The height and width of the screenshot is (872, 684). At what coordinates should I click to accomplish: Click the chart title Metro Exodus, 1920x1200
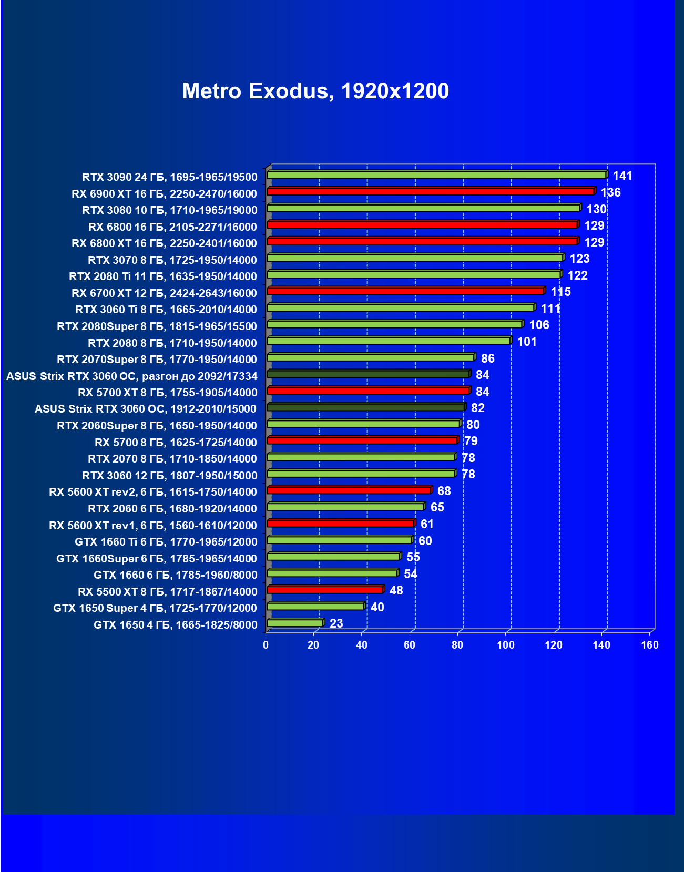[x=315, y=91]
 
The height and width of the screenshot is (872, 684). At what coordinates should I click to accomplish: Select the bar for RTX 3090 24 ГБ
[x=436, y=175]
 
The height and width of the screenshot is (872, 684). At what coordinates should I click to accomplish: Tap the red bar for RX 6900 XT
[x=431, y=191]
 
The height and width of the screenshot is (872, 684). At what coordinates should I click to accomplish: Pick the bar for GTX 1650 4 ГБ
[x=295, y=623]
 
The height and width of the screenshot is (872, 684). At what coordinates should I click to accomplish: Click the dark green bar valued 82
[x=366, y=407]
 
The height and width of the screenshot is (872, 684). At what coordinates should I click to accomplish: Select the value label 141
[x=622, y=176]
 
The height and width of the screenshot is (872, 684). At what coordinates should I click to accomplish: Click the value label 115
[x=560, y=292]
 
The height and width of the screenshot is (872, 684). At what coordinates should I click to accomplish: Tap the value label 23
[x=336, y=623]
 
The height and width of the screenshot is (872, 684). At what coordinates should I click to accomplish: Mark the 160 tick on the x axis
[x=650, y=645]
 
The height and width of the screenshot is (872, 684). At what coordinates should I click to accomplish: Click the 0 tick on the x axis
[x=266, y=645]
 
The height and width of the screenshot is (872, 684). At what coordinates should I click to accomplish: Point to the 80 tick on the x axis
[x=457, y=645]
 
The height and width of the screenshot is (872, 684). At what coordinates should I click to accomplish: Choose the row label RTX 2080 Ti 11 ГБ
[x=163, y=276]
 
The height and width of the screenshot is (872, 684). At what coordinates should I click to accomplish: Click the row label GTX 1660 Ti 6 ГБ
[x=166, y=542]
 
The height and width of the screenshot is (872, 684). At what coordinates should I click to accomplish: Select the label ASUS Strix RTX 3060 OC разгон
[x=132, y=376]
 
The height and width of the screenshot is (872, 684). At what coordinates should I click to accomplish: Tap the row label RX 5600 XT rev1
[x=153, y=526]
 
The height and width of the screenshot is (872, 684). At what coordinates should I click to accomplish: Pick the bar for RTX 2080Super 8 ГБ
[x=394, y=324]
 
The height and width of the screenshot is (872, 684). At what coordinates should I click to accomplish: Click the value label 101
[x=527, y=342]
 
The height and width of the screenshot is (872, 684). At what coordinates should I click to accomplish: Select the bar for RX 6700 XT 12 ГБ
[x=405, y=291]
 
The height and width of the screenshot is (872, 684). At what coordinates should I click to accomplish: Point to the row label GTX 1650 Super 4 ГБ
[x=155, y=608]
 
